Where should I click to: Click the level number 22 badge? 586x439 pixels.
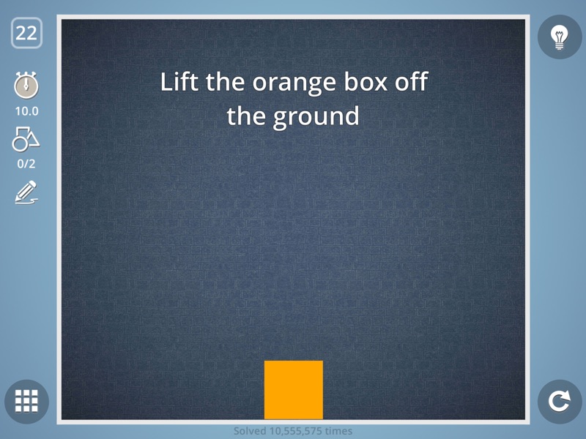pyautogui.click(x=26, y=33)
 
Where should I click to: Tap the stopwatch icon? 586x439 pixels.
pyautogui.click(x=26, y=86)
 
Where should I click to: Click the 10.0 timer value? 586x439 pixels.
pyautogui.click(x=26, y=111)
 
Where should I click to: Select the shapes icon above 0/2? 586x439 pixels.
pyautogui.click(x=26, y=138)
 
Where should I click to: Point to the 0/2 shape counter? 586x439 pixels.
pyautogui.click(x=26, y=164)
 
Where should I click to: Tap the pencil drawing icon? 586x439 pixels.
pyautogui.click(x=26, y=192)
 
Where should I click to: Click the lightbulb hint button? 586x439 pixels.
pyautogui.click(x=560, y=37)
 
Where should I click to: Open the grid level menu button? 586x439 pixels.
pyautogui.click(x=26, y=401)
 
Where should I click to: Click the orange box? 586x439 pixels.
pyautogui.click(x=293, y=389)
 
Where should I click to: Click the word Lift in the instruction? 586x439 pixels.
pyautogui.click(x=180, y=81)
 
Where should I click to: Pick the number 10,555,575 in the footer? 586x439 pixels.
pyautogui.click(x=297, y=431)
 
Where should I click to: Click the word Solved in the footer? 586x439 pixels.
pyautogui.click(x=250, y=431)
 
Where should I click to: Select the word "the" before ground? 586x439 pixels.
pyautogui.click(x=245, y=116)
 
